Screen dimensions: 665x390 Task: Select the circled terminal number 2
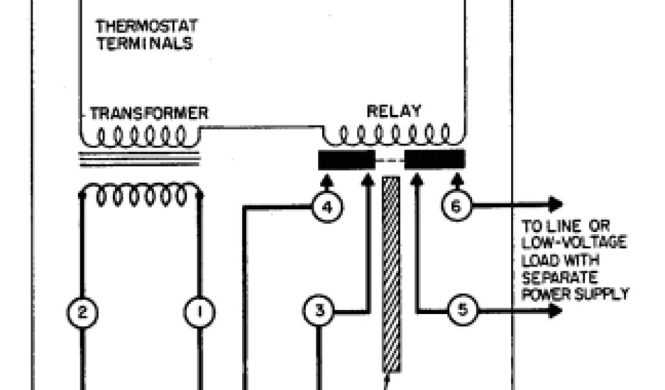tap(82, 313)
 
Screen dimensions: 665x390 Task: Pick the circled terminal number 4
tap(327, 207)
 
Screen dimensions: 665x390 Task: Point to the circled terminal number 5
tap(462, 310)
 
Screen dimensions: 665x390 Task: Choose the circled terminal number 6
tap(456, 206)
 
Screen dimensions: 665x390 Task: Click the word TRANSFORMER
tap(149, 113)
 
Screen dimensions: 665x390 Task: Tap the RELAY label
tap(394, 111)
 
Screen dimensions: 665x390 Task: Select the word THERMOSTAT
tap(147, 27)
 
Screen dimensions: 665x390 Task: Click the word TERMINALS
tap(144, 44)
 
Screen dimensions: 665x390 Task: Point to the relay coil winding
tap(394, 135)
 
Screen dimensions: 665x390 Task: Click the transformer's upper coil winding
tap(140, 136)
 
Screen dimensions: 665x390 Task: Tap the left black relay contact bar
tap(346, 159)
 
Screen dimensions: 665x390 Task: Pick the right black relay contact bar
tap(434, 159)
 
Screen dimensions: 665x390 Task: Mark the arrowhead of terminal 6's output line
tap(555, 205)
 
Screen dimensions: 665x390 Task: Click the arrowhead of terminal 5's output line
tap(555, 311)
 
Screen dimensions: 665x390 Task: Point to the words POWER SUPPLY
tap(575, 293)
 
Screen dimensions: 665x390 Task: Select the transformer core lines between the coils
tap(139, 159)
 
